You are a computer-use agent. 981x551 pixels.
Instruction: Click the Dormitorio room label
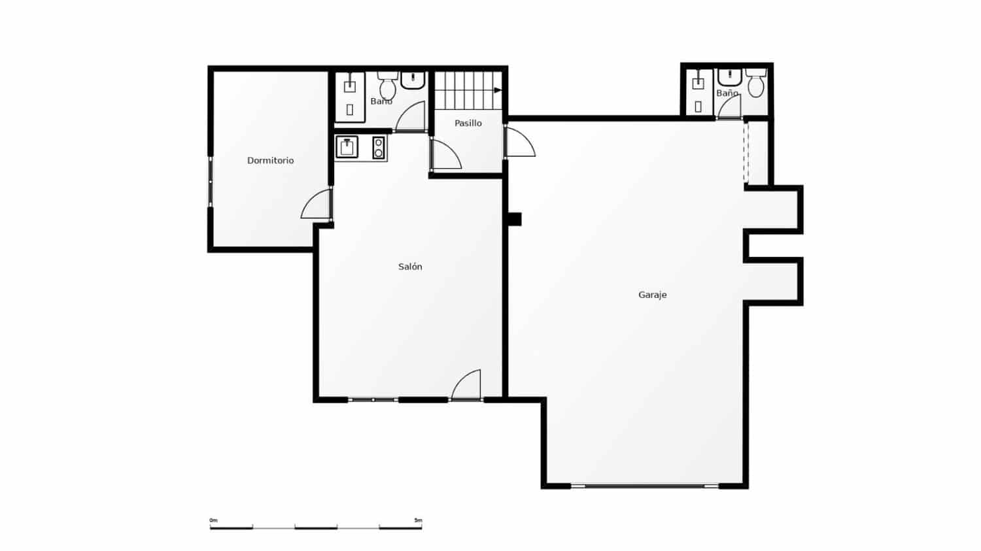(270, 160)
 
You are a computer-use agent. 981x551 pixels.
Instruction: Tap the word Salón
(410, 267)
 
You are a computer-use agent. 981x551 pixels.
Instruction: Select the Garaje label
(652, 295)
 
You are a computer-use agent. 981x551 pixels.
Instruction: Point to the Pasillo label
(468, 123)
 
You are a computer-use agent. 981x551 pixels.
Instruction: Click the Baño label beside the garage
(727, 93)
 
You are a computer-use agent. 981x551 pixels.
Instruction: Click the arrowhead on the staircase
(498, 90)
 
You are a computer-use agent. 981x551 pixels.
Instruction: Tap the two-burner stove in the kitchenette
(378, 147)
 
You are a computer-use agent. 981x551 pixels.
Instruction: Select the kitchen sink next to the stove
(347, 147)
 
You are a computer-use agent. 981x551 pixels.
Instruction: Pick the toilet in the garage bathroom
(756, 83)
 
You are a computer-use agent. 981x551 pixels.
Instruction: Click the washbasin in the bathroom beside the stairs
(413, 80)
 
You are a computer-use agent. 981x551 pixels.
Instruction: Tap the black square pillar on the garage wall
(515, 219)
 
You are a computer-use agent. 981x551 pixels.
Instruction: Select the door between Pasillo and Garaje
(519, 142)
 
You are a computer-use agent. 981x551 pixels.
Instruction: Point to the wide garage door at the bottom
(645, 486)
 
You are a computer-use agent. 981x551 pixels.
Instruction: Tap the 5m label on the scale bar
(418, 520)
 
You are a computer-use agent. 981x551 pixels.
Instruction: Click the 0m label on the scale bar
(213, 520)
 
